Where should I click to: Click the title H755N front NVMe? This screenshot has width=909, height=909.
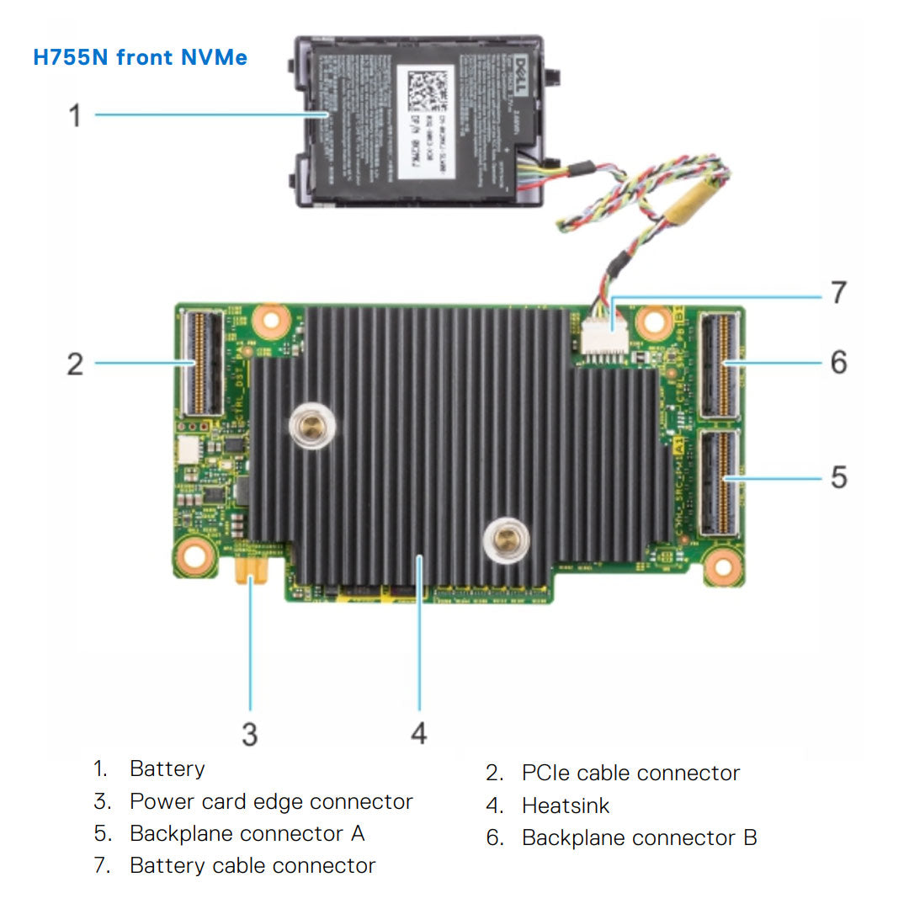140,57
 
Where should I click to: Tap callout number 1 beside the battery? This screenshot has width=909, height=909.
75,114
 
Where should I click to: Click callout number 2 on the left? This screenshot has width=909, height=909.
75,364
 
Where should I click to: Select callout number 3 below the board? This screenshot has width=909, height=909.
249,734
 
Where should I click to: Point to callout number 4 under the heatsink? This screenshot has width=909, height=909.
418,734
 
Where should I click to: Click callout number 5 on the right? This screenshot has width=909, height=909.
838,477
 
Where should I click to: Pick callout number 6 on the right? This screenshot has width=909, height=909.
838,363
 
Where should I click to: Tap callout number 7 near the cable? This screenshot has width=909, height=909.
838,293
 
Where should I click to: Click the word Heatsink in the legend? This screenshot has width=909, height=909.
565,805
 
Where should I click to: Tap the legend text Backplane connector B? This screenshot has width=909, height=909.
639,838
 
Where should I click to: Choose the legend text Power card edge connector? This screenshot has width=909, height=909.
271,801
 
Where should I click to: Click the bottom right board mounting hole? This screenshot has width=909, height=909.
720,566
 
